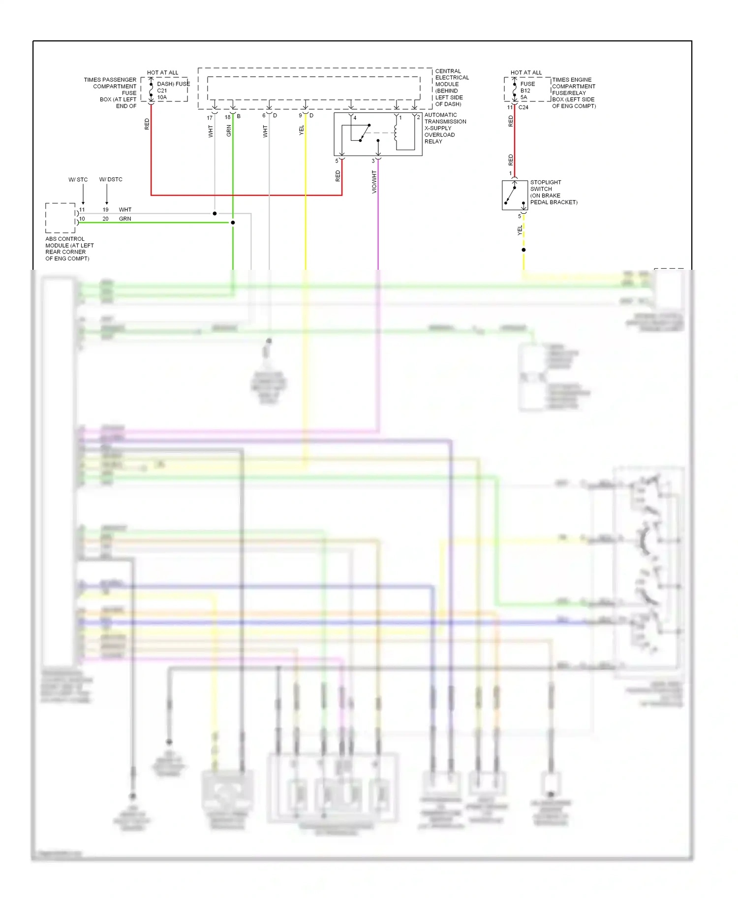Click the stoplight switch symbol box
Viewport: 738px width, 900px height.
(515, 195)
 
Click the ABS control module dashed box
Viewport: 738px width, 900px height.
(60, 218)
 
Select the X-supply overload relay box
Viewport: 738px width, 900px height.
(378, 134)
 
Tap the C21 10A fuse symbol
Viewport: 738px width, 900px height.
(151, 90)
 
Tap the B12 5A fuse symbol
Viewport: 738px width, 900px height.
(515, 90)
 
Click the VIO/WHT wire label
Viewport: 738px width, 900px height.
(374, 182)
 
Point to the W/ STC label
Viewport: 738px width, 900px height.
(78, 180)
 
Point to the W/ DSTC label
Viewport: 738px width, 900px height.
(111, 180)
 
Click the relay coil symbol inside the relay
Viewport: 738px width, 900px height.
(396, 132)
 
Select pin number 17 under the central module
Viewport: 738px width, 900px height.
(210, 118)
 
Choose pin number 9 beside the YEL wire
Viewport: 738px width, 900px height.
(300, 116)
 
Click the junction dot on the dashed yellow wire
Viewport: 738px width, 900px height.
(523, 250)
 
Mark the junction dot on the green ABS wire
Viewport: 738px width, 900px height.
(233, 223)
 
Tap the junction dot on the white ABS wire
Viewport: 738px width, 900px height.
(215, 214)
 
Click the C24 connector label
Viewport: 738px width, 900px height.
(523, 107)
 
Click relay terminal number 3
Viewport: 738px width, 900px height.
(373, 161)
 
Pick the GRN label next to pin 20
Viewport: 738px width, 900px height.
(125, 219)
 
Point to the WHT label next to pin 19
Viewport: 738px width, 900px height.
(125, 210)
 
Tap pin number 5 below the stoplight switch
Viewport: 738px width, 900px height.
(519, 216)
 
